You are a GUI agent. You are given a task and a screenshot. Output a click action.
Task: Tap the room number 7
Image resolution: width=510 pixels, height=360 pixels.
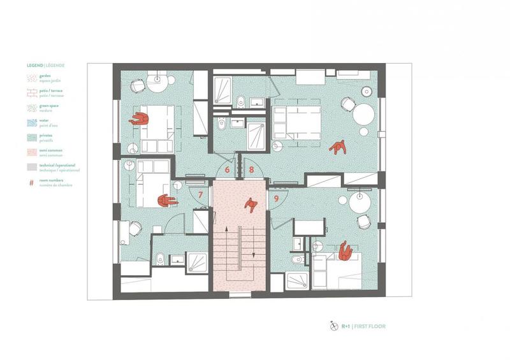tap(201, 194)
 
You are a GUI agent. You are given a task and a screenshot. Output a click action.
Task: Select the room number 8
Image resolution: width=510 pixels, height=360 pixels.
tap(252, 170)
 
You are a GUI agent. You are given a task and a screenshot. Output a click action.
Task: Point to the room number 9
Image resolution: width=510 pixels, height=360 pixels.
tap(276, 198)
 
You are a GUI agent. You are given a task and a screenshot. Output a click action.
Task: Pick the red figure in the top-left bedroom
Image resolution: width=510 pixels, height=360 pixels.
tap(138, 119)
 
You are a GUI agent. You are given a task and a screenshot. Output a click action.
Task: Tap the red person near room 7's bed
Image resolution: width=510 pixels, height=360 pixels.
tap(167, 200)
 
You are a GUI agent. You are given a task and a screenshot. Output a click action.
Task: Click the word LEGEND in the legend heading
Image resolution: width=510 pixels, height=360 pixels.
tap(35, 65)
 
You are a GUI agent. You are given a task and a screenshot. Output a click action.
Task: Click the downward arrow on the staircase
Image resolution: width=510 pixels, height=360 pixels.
tap(254, 253)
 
